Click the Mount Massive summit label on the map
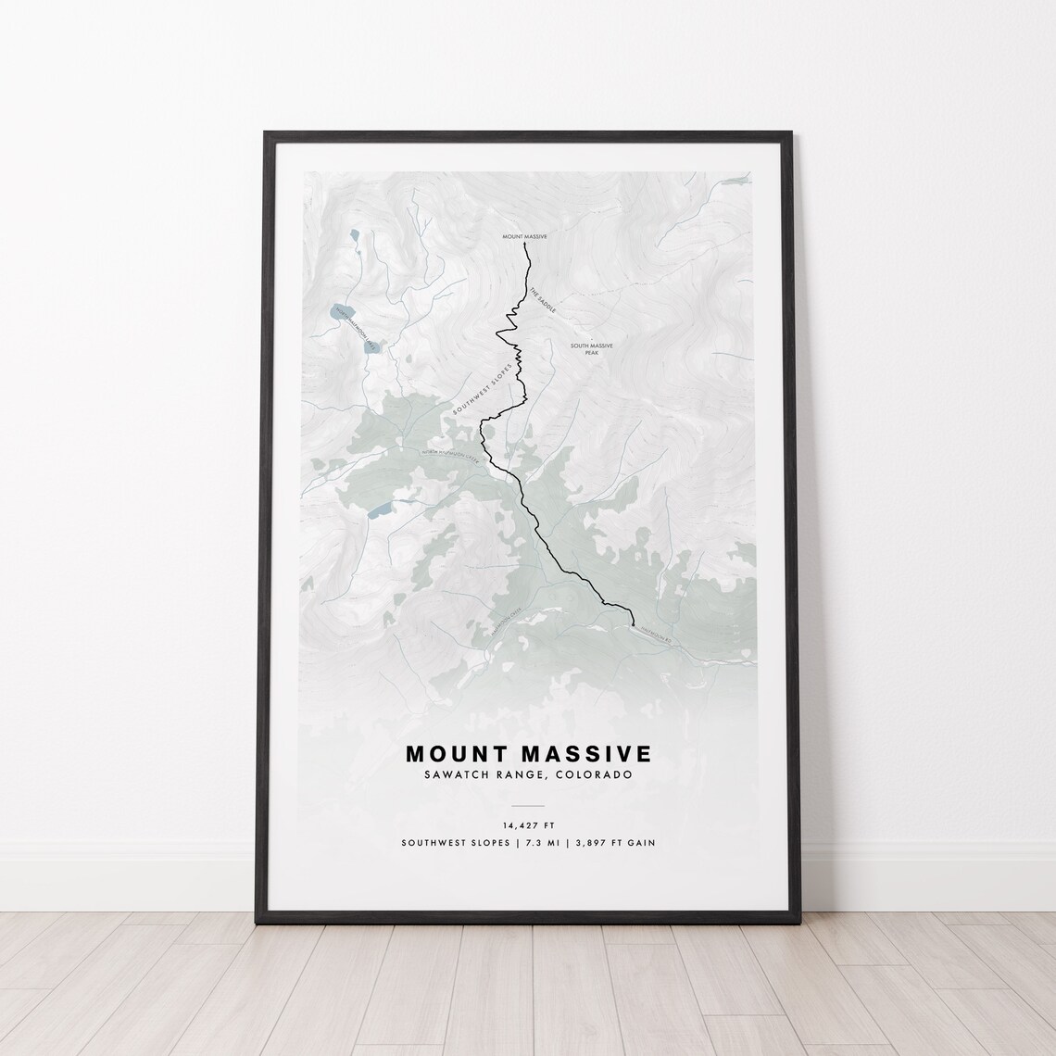click(x=525, y=237)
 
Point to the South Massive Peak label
click(x=591, y=349)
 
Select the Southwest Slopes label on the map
click(x=482, y=388)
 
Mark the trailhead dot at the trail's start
click(x=633, y=626)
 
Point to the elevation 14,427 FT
click(x=529, y=824)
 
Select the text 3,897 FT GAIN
click(x=614, y=843)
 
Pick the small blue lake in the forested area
click(x=380, y=511)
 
